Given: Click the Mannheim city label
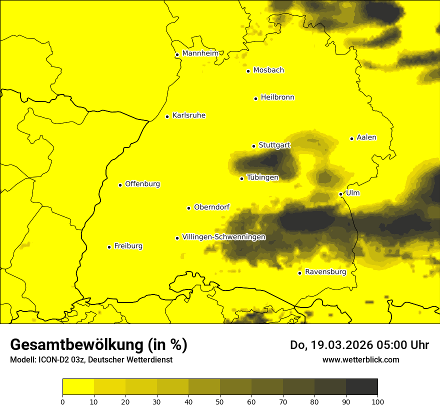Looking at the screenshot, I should pyautogui.click(x=200, y=53).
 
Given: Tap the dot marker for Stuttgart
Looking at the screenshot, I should pyautogui.click(x=253, y=146).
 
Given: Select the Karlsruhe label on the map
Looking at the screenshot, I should pyautogui.click(x=189, y=115).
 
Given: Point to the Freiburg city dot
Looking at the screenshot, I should pyautogui.click(x=109, y=247).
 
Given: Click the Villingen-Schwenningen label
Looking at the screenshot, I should pyautogui.click(x=224, y=237).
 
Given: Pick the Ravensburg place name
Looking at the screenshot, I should pyautogui.click(x=325, y=272).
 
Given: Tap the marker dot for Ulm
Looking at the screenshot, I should pyautogui.click(x=340, y=194).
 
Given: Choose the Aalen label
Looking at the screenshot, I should pyautogui.click(x=366, y=137).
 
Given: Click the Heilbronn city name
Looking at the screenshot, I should pyautogui.click(x=277, y=97).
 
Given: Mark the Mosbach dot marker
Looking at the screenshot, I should pyautogui.click(x=248, y=71).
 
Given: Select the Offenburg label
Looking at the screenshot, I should pyautogui.click(x=142, y=184).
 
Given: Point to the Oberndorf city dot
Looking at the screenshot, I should pyautogui.click(x=188, y=208).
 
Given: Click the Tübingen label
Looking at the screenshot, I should pyautogui.click(x=262, y=177).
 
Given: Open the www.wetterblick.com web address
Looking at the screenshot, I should pyautogui.click(x=360, y=359).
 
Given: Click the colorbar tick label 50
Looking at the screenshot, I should pyautogui.click(x=220, y=401).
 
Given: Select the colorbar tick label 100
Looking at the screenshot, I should pyautogui.click(x=377, y=401).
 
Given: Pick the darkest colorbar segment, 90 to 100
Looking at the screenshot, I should pyautogui.click(x=361, y=387).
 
